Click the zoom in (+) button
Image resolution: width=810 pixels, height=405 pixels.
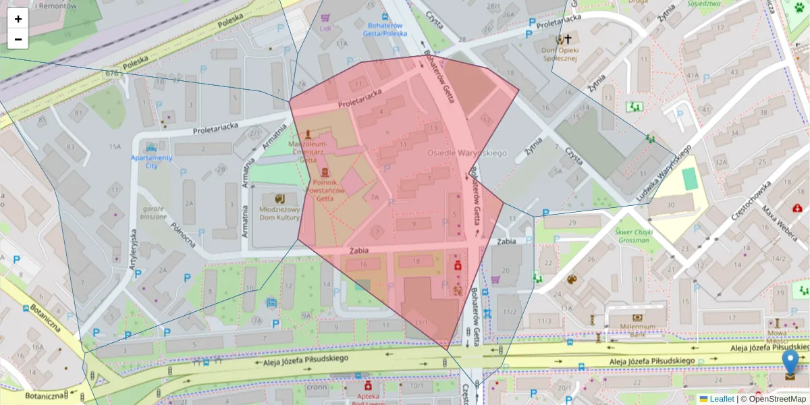(x=18, y=19)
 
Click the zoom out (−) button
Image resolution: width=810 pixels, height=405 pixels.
(x=18, y=39)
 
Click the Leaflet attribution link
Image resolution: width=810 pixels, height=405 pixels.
(x=722, y=399)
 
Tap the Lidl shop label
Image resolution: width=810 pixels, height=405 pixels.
(x=325, y=28)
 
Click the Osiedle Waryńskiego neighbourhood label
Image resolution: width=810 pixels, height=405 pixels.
(x=466, y=153)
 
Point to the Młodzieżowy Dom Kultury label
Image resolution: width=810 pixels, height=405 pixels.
(x=279, y=213)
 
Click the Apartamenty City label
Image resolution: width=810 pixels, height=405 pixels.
(x=151, y=161)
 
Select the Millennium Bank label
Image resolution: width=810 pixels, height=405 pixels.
(x=637, y=330)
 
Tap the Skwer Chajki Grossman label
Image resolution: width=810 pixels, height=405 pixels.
(x=632, y=236)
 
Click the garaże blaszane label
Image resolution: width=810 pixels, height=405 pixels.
(x=153, y=213)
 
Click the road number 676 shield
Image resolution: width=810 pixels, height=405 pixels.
(x=112, y=73)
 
